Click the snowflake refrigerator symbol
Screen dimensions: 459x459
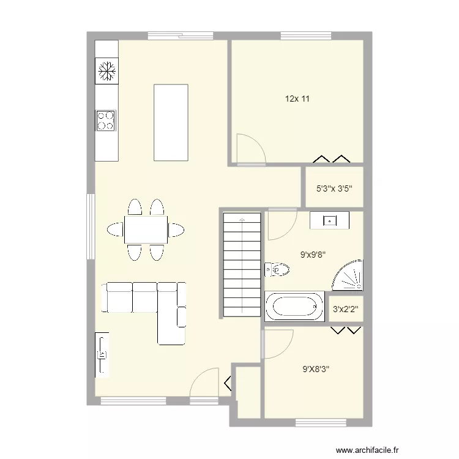pos(106,72)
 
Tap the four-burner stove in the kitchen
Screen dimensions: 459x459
pos(105,119)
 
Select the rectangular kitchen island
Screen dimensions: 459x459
pos(171,122)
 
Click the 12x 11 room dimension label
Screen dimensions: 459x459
pos(297,99)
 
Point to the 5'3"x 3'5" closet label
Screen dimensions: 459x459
pos(334,189)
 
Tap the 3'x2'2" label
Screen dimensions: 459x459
pos(345,310)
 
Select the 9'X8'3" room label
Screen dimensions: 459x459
pos(316,369)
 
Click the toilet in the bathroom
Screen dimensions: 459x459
pos(277,269)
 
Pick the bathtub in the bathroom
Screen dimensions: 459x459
pos(294,306)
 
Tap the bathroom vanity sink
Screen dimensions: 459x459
pos(329,220)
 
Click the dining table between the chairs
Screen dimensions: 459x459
pos(146,230)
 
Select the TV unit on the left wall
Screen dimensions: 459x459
pos(102,354)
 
